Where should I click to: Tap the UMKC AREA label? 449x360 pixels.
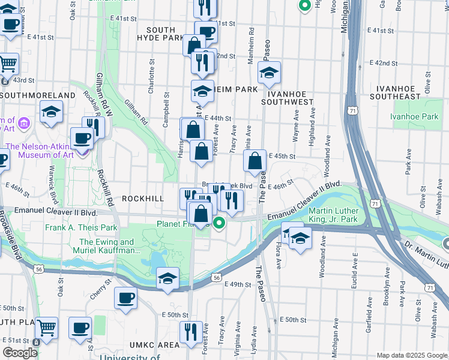click(154, 344)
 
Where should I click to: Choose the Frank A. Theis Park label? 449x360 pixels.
click(81, 228)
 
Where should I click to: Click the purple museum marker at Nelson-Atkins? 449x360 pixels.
click(24, 125)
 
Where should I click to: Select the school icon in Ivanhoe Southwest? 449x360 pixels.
click(269, 73)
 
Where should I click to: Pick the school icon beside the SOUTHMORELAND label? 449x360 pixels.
click(52, 112)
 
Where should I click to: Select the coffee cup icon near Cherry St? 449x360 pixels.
click(125, 298)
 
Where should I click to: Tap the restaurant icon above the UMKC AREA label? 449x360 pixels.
click(191, 332)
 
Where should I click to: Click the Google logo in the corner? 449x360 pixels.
click(20, 353)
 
